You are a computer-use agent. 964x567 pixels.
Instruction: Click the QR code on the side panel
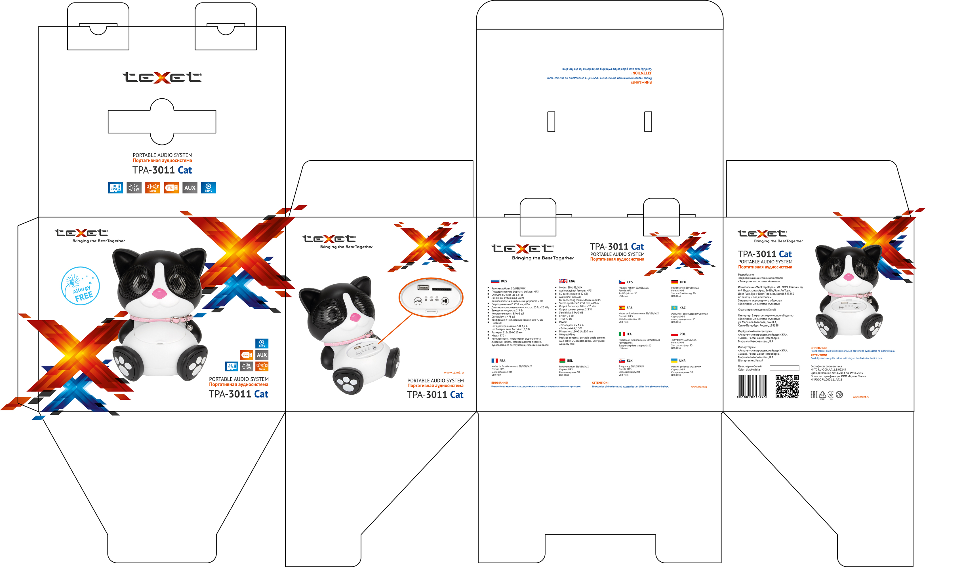[x=787, y=386]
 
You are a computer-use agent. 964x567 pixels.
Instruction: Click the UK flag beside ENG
[x=563, y=282]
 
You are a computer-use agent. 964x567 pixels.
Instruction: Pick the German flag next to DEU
[x=675, y=282]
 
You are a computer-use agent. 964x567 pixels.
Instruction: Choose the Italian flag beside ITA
[x=622, y=334]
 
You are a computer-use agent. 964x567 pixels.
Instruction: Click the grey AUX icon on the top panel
[x=190, y=188]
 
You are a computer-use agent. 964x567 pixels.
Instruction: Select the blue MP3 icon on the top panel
[x=209, y=188]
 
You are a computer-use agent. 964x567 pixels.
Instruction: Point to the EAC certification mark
[x=814, y=395]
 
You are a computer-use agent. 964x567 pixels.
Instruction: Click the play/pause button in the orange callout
[x=445, y=301]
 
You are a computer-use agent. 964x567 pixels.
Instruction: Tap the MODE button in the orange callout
[x=418, y=301]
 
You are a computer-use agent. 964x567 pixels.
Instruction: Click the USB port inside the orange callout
[x=423, y=287]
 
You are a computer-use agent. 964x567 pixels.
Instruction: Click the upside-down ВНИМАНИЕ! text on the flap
[x=641, y=82]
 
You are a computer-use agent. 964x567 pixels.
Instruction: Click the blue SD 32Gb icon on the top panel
[x=115, y=188]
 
